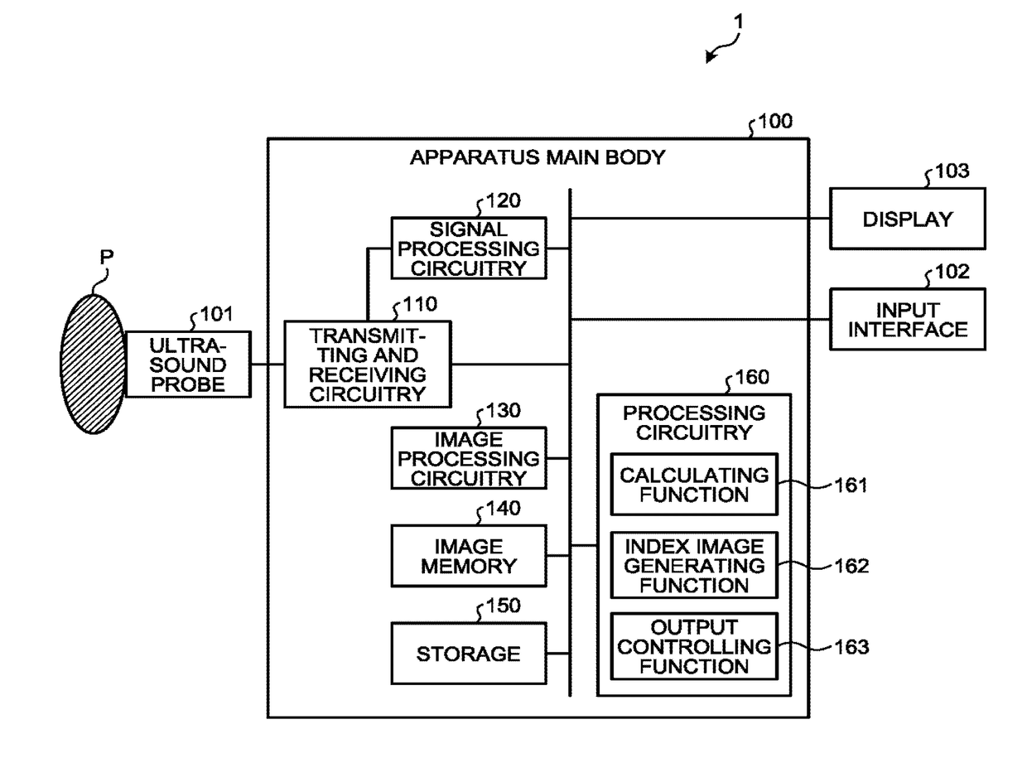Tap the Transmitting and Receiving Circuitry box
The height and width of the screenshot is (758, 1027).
pos(368,364)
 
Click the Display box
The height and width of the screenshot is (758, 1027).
pos(908,219)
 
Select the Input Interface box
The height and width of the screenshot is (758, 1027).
pos(908,319)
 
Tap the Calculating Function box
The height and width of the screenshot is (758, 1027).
pos(694,485)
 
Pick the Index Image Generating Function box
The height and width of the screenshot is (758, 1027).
pos(694,566)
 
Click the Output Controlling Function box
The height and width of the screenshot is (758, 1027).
pos(694,646)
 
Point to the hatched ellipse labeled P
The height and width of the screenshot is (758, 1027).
pos(93,364)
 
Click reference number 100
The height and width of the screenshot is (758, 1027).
pos(775,123)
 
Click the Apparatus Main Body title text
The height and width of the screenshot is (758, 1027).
pos(537,157)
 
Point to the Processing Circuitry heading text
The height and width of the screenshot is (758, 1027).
pos(694,422)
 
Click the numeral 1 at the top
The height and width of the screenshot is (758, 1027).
pos(738,23)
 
